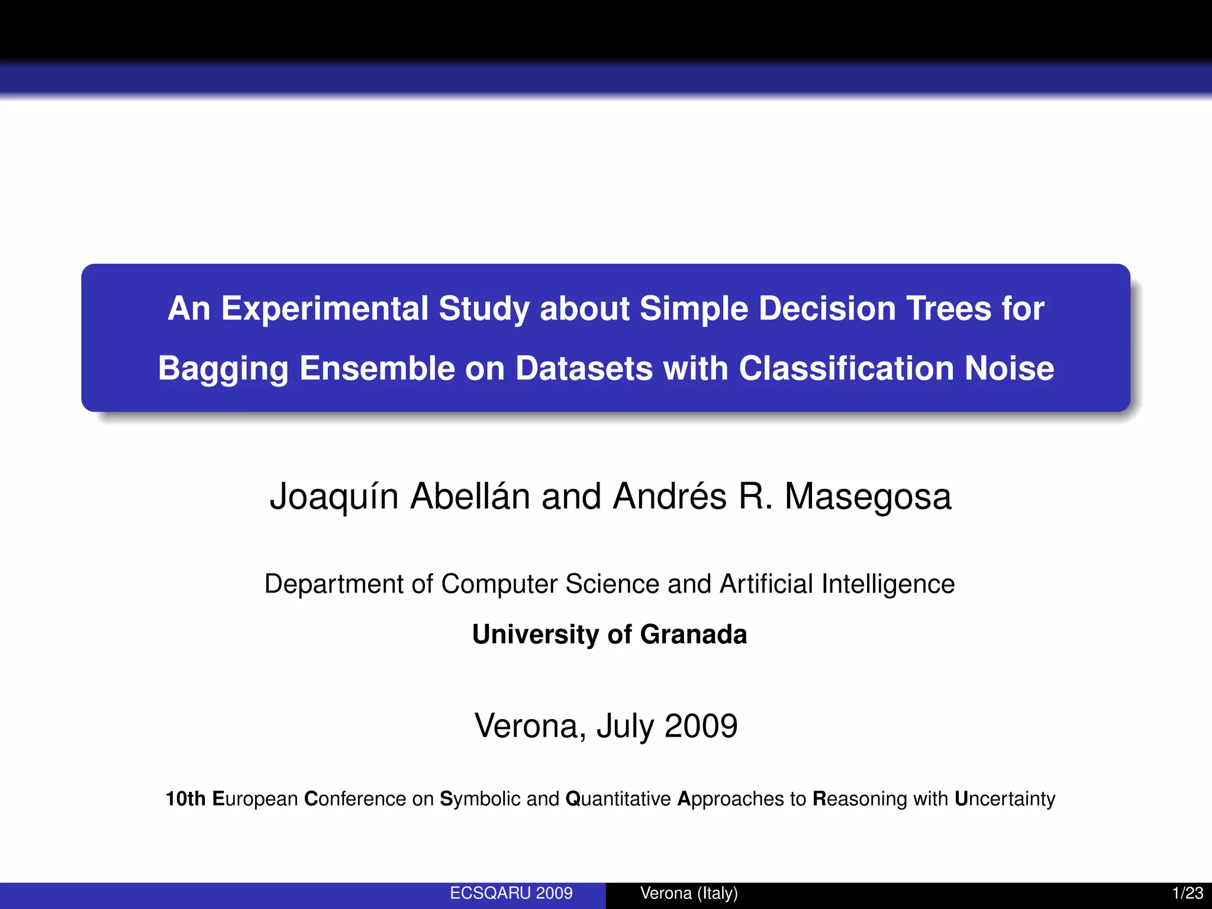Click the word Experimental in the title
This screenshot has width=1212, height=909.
coord(324,309)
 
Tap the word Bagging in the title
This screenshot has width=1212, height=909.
coord(223,369)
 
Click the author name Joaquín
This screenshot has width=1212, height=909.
coord(333,497)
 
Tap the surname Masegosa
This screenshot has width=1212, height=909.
coord(868,497)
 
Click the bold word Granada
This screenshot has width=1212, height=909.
coord(693,634)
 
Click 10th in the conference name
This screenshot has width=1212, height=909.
coord(185,799)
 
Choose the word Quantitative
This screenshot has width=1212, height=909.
coord(618,799)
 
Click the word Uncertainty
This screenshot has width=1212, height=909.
coord(1004,799)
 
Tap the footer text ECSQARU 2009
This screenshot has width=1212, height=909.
coord(511,893)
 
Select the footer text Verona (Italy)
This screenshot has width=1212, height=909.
coord(689,893)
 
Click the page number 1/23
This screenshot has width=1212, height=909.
coord(1187,893)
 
